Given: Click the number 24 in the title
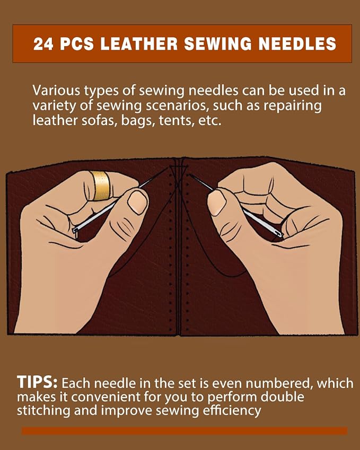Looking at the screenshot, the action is coord(43,44).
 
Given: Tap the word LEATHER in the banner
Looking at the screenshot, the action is coord(139,44).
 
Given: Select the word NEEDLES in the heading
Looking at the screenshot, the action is coord(297,44).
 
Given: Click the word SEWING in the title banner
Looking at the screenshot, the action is coord(218,44).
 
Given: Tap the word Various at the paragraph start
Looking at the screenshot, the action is coord(56,91).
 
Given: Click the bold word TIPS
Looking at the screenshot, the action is coord(37,382).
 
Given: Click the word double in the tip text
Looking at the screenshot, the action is coord(283,396).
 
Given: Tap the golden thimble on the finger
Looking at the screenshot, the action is coord(100,185).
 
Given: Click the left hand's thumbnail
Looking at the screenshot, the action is coord(137,202).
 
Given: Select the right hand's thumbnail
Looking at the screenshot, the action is coord(217,202).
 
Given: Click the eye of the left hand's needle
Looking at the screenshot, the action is coord(76,231).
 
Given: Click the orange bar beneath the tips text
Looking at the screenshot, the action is coord(185,430).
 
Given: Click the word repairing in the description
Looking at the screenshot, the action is coord(293,105).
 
